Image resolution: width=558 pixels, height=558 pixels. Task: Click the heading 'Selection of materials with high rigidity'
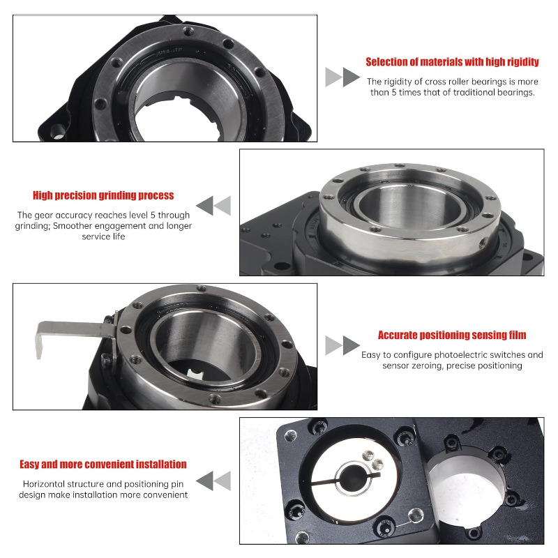coord(452,62)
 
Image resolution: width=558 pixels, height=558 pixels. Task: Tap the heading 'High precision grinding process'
coord(103,195)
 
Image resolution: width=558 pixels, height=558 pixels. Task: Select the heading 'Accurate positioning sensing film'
coord(452,335)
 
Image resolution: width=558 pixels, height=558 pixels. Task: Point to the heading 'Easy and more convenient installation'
coord(103,465)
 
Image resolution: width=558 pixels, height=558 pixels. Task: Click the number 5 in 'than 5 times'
coord(394,93)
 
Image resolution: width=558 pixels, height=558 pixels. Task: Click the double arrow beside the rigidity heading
coord(342,77)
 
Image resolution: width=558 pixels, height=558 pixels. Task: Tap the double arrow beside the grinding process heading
coord(213,205)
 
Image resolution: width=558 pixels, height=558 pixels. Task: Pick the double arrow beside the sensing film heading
coord(342,345)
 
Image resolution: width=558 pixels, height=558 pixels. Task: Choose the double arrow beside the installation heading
coord(213,481)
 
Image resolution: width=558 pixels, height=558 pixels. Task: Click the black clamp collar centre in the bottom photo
coord(354,478)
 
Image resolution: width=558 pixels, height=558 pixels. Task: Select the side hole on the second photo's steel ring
coord(482,243)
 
